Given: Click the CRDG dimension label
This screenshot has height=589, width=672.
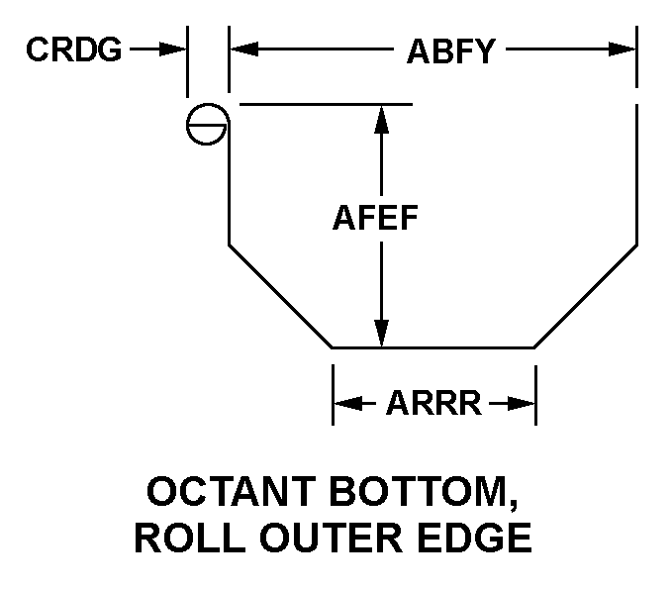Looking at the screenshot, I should point(74,49).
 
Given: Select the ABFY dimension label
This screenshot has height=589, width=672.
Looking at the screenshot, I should point(450,50).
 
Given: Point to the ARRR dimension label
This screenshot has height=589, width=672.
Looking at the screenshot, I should point(433,404).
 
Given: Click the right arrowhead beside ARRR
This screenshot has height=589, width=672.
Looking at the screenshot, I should point(524,404).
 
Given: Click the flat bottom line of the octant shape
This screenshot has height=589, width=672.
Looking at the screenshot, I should point(433,347).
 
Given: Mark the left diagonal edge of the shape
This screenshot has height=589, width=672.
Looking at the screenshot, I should point(281,296).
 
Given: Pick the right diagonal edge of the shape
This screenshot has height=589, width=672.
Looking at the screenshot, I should point(585,296).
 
